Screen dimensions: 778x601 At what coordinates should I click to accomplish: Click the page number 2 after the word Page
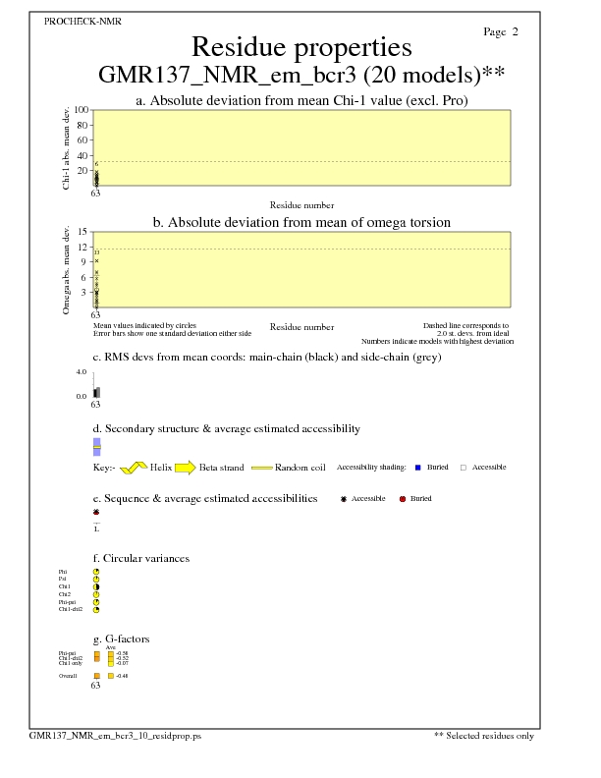pos(515,32)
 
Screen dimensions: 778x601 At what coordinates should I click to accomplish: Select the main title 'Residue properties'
pos(300,47)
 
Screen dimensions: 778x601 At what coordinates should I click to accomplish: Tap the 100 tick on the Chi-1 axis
pos(82,110)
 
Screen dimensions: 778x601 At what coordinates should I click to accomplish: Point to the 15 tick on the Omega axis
pos(83,232)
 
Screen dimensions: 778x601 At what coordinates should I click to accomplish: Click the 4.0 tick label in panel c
pos(82,372)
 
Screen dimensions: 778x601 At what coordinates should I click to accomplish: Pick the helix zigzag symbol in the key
pos(134,468)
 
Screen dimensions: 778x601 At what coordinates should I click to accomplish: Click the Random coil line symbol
pos(261,468)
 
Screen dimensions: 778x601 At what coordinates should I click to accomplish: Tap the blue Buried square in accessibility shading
pos(418,468)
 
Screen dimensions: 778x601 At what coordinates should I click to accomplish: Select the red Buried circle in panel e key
pos(403,499)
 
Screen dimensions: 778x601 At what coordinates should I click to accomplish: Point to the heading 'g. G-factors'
pos(121,639)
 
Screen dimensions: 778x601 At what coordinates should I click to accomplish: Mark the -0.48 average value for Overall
pos(122,677)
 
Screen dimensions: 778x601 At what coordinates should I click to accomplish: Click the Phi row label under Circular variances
pos(64,571)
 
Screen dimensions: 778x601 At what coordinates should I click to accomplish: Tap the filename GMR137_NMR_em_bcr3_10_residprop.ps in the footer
pos(115,735)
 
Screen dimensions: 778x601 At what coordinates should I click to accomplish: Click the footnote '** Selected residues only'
pos(484,735)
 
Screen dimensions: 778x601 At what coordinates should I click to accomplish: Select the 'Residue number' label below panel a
pos(301,205)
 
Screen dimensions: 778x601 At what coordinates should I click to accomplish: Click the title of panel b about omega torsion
pos(301,223)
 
